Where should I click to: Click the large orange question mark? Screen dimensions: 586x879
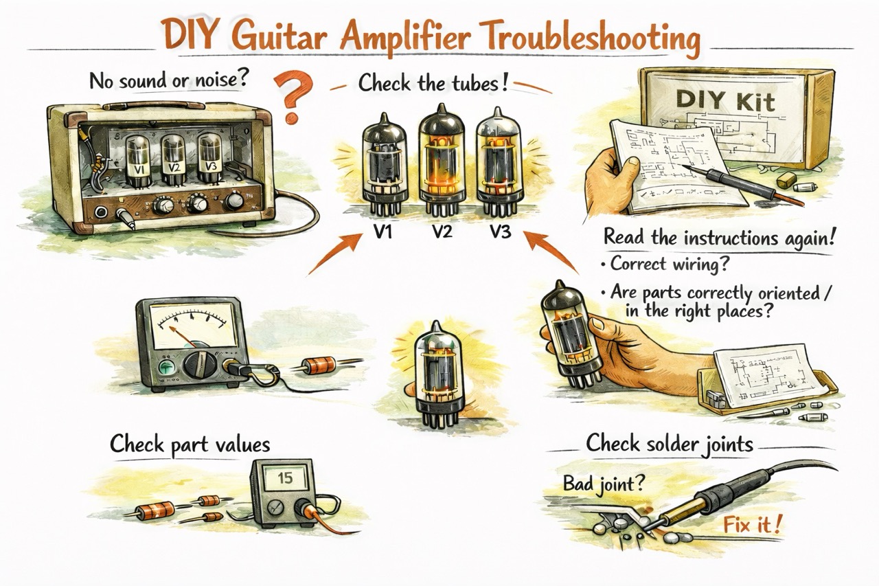[x=291, y=98]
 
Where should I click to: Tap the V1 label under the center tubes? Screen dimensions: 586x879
[x=383, y=232]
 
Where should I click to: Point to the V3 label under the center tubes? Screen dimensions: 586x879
[x=499, y=232]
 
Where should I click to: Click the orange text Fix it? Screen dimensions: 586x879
[x=751, y=527]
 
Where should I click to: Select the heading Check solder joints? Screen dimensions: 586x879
[x=669, y=444]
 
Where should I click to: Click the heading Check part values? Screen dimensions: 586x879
[x=190, y=444]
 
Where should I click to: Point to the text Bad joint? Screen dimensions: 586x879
[x=604, y=484]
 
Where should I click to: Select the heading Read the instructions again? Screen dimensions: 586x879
[x=720, y=238]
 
